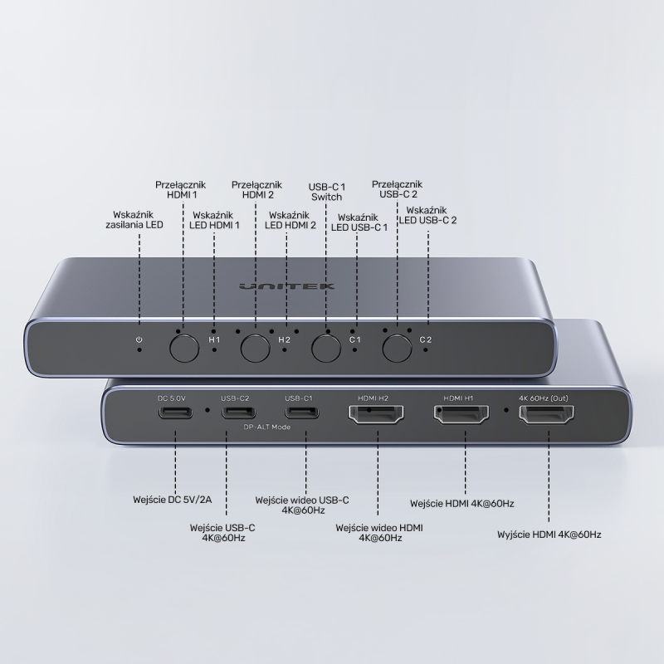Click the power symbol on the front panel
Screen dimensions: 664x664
click(x=139, y=339)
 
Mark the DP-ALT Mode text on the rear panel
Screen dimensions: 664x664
click(x=266, y=427)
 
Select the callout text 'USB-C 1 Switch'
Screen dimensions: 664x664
click(x=326, y=191)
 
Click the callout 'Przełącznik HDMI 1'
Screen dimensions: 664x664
click(x=181, y=190)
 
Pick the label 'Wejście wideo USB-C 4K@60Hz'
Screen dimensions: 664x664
click(x=302, y=505)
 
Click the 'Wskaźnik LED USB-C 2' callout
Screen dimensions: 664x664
click(x=428, y=216)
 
